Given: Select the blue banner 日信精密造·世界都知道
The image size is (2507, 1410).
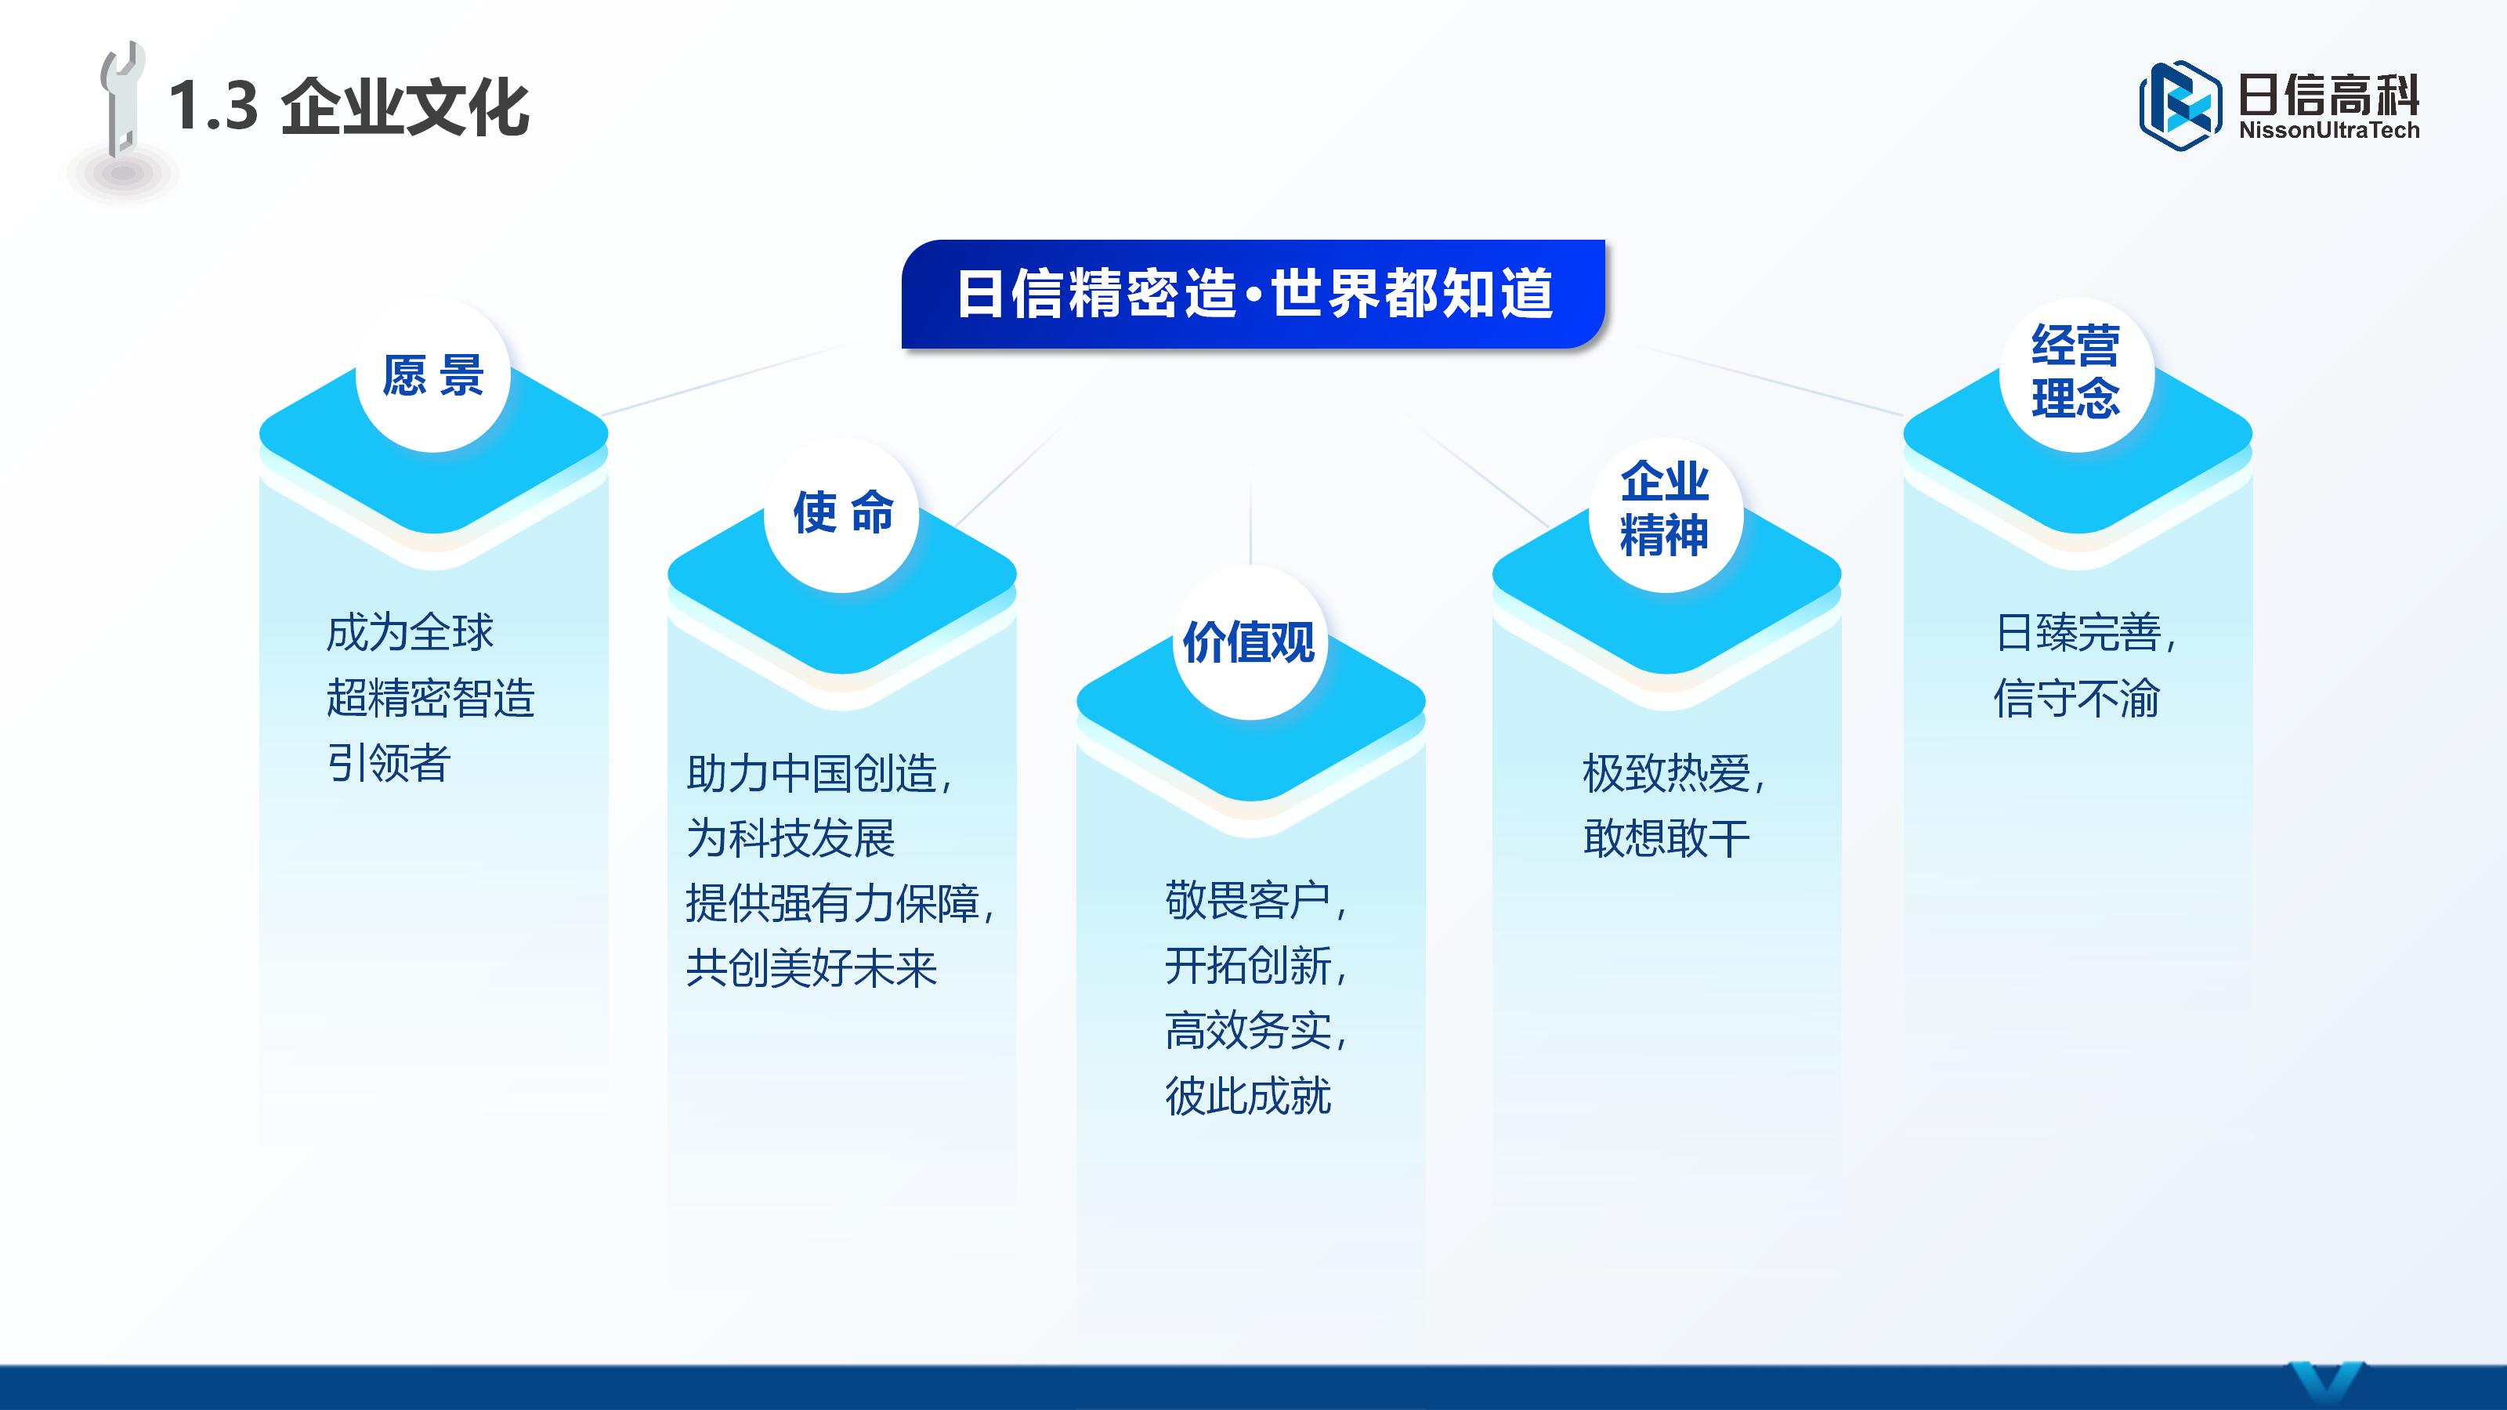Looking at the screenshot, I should click(x=1253, y=294).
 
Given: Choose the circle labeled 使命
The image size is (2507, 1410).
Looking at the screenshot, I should click(x=842, y=514).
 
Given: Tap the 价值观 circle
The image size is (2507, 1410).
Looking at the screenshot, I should click(x=1250, y=642).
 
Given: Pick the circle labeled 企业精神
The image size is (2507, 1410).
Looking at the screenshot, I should click(x=1665, y=510).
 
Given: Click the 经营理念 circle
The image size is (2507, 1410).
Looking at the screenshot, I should click(x=2076, y=373).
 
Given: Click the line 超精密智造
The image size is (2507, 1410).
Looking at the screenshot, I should click(x=430, y=698).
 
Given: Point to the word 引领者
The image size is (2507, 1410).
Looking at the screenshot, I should click(x=389, y=762).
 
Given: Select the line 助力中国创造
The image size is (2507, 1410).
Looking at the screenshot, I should click(x=817, y=775).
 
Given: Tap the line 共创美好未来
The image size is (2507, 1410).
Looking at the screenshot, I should click(x=812, y=968).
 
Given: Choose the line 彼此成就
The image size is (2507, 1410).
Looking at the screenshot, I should click(x=1248, y=1097).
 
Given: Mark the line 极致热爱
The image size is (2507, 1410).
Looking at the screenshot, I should click(x=1672, y=775).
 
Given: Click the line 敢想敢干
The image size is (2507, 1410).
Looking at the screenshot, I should click(x=1666, y=839).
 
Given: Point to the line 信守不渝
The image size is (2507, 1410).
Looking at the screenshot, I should click(x=2076, y=698).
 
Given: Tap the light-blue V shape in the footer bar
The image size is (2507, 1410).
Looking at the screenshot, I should click(x=2326, y=1386).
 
